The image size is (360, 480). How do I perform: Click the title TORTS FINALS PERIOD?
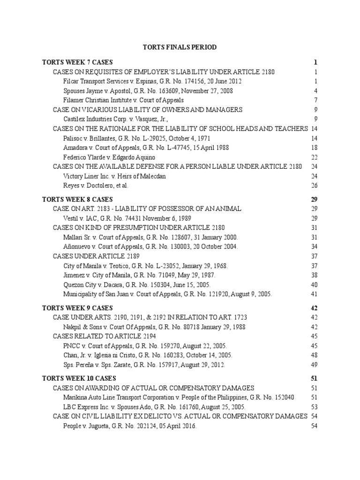point(180,47)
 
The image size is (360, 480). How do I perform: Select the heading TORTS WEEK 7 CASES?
point(77,62)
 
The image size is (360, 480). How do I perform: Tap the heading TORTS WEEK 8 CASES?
point(77,199)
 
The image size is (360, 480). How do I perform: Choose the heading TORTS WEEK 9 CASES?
point(77,308)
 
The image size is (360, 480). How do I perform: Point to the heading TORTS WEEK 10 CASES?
point(79,378)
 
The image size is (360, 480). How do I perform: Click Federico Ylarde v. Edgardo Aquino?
point(109,157)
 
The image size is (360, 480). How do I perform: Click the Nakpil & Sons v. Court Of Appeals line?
point(154,327)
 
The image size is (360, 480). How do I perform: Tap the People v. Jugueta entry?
point(130,426)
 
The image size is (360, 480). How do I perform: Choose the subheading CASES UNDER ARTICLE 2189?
point(96,256)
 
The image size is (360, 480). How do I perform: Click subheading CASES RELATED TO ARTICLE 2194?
point(104,337)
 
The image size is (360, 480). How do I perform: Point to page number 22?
point(314,157)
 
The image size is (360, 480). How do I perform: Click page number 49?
point(314,365)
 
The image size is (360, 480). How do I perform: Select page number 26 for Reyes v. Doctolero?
point(314,186)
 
